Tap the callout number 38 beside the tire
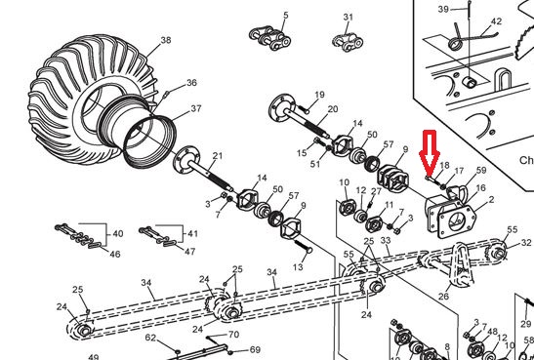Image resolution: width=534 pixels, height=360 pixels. click(x=166, y=40)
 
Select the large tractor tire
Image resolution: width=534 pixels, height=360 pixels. click(x=89, y=99)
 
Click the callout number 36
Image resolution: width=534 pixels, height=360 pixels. click(x=191, y=82)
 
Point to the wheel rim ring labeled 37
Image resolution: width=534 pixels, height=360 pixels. click(x=150, y=140)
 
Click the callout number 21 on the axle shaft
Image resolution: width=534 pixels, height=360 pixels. click(x=218, y=156)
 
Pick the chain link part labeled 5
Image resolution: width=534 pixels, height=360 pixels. click(x=270, y=38)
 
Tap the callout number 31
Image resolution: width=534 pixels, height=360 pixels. click(x=349, y=17)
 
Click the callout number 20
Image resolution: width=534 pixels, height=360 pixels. click(x=332, y=109)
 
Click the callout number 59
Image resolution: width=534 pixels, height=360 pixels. click(x=481, y=170)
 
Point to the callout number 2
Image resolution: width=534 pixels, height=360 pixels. click(x=491, y=199)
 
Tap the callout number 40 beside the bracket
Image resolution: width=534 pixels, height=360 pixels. click(x=118, y=234)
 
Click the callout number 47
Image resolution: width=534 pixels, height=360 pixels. click(x=189, y=252)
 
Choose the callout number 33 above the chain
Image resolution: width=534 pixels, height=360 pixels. click(x=386, y=241)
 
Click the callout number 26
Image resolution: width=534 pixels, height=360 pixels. click(x=443, y=296)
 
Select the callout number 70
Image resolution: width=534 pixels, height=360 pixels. click(x=233, y=335)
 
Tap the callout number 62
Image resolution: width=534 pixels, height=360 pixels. click(x=150, y=338)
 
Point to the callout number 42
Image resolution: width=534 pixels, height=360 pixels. click(x=496, y=21)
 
